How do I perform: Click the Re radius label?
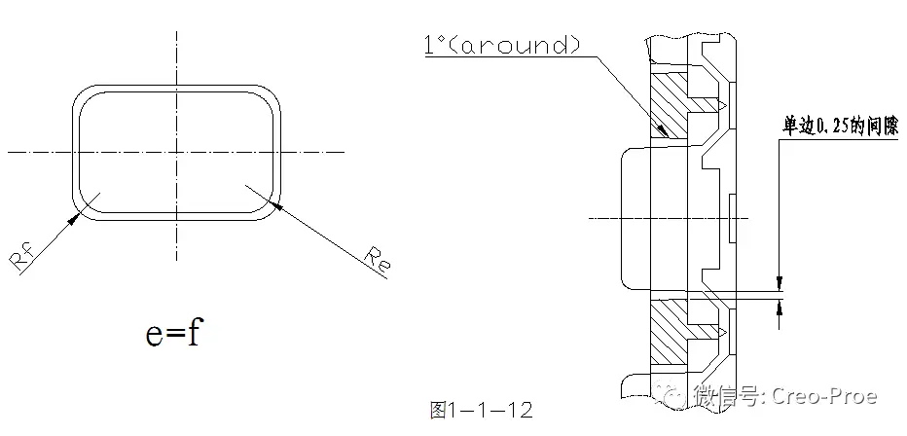(379, 258)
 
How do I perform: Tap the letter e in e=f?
(155, 335)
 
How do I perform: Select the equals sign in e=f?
(174, 336)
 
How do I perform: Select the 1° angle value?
(435, 45)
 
